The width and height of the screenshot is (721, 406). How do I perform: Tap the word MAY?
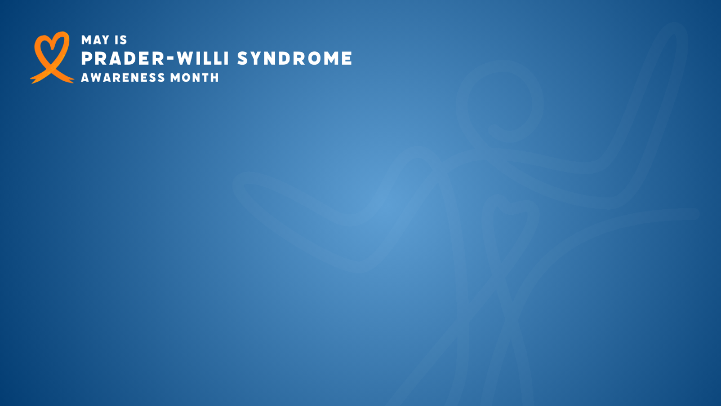tap(95, 40)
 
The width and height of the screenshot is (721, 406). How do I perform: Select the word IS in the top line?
tap(121, 40)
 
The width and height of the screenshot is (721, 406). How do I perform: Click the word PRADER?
tap(123, 58)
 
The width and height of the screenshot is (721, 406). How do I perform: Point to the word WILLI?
tap(203, 58)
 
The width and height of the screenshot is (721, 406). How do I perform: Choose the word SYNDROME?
tap(295, 58)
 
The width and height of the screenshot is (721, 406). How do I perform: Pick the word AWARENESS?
tap(123, 78)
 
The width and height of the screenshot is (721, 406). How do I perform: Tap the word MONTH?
tap(194, 78)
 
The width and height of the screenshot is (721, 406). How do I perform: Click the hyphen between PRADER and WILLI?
tap(171, 59)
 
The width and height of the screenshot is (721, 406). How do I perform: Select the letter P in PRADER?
tap(87, 58)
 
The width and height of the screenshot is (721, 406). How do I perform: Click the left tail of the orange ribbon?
tap(38, 78)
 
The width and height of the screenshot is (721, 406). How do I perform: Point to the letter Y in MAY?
tap(105, 40)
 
